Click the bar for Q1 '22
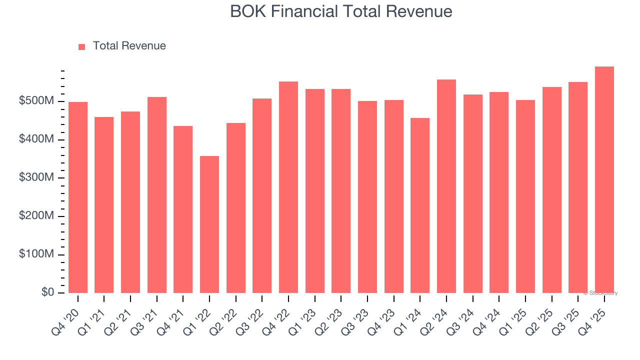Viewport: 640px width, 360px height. click(x=209, y=224)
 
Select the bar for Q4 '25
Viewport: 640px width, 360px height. click(x=604, y=180)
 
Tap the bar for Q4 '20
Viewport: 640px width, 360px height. click(x=78, y=197)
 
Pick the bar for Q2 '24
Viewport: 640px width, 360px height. click(x=446, y=186)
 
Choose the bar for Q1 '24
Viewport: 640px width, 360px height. click(x=420, y=205)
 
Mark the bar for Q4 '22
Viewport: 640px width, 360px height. click(x=288, y=187)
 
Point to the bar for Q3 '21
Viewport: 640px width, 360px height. click(x=157, y=195)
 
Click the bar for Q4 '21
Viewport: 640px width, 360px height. click(x=183, y=209)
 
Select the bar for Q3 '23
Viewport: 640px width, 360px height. click(x=367, y=197)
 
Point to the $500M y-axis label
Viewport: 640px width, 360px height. click(x=36, y=101)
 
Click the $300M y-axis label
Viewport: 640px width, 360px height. click(x=36, y=178)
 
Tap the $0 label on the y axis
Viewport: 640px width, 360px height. click(x=48, y=292)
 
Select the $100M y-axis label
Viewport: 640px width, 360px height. click(x=36, y=254)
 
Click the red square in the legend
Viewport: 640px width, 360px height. click(x=82, y=46)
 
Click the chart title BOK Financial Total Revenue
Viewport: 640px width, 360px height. click(x=341, y=11)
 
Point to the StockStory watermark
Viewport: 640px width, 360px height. click(x=600, y=293)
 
